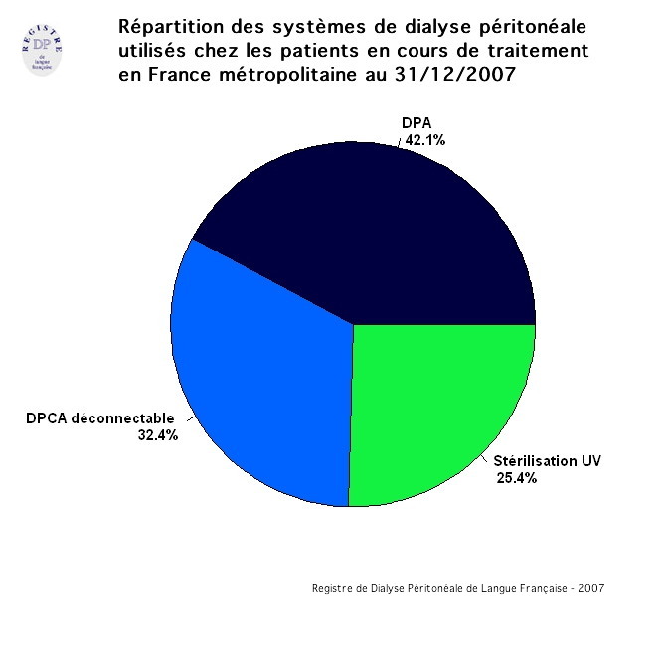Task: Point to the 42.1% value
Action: (x=424, y=140)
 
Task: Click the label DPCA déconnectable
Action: (x=100, y=417)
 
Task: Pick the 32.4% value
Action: (x=158, y=434)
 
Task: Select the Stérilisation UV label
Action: (x=547, y=461)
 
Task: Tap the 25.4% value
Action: (x=516, y=478)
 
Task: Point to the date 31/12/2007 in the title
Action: (x=463, y=76)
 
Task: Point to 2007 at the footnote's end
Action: (x=590, y=588)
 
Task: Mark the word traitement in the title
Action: (x=543, y=50)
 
